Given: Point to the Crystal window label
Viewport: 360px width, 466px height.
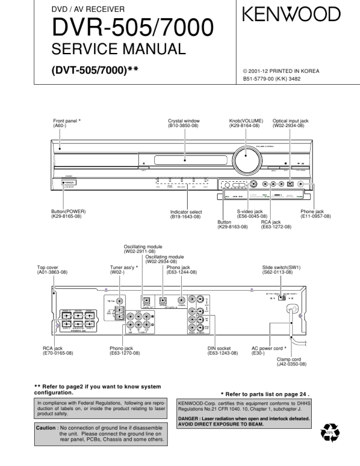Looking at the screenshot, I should tap(184, 121).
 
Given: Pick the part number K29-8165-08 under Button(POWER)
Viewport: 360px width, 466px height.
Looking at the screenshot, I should tap(66, 217).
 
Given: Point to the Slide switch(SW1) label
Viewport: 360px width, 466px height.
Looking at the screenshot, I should tap(284, 268).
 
